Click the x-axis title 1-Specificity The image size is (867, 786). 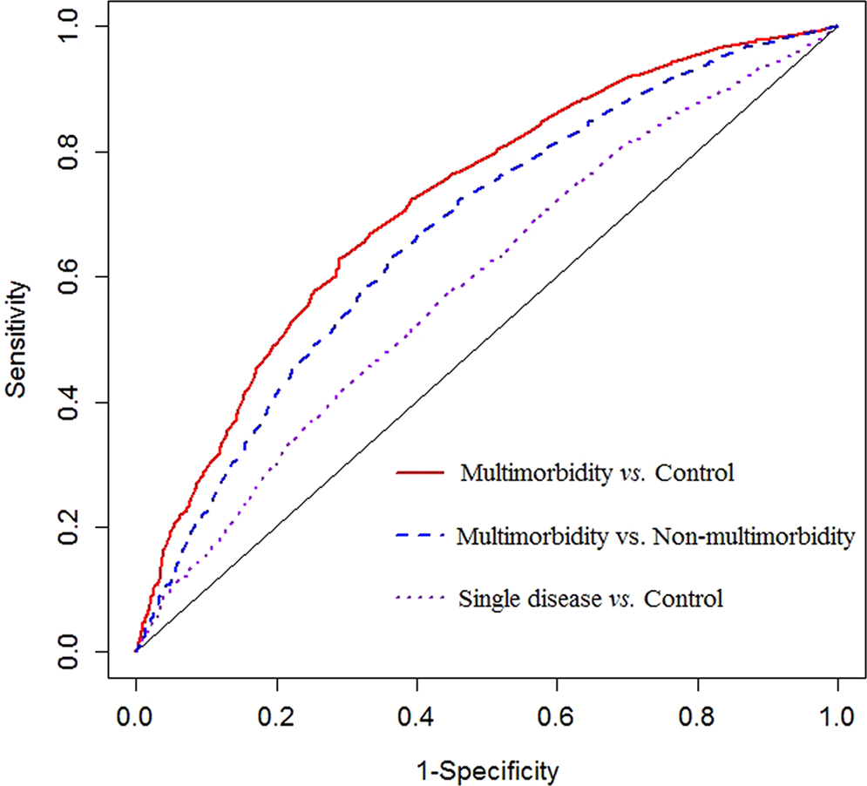(x=485, y=769)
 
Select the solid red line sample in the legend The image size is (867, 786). (x=421, y=473)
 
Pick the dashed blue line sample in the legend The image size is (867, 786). (x=421, y=536)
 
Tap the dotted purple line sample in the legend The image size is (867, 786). (x=421, y=599)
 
